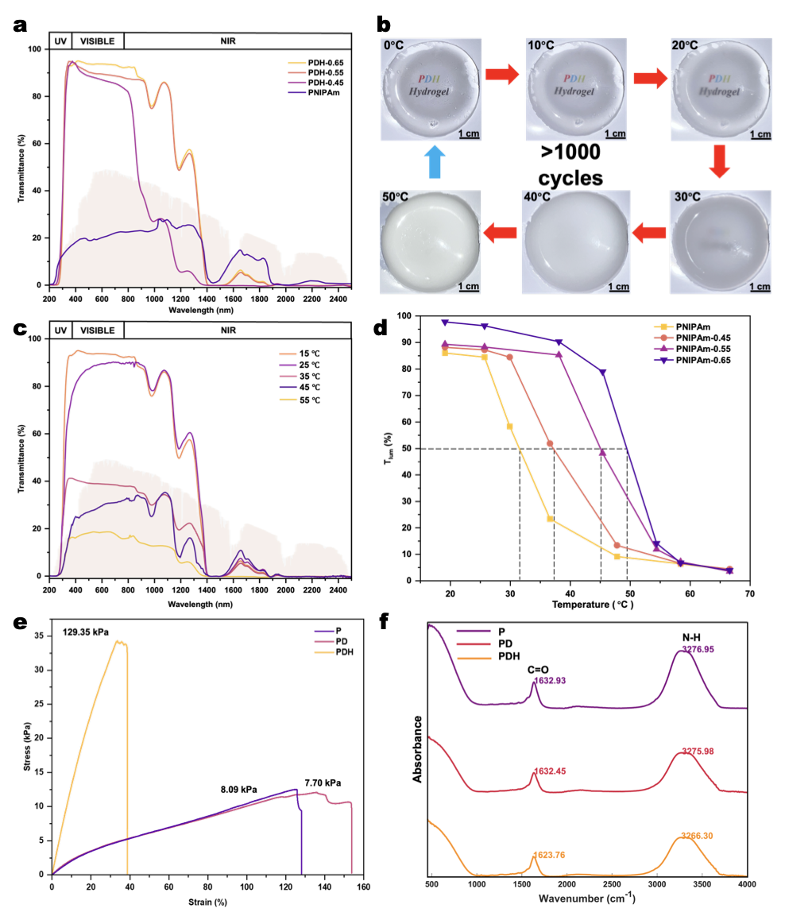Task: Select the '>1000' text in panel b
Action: tap(571, 153)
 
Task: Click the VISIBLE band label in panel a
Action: tap(98, 41)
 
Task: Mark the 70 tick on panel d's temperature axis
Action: tap(749, 593)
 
